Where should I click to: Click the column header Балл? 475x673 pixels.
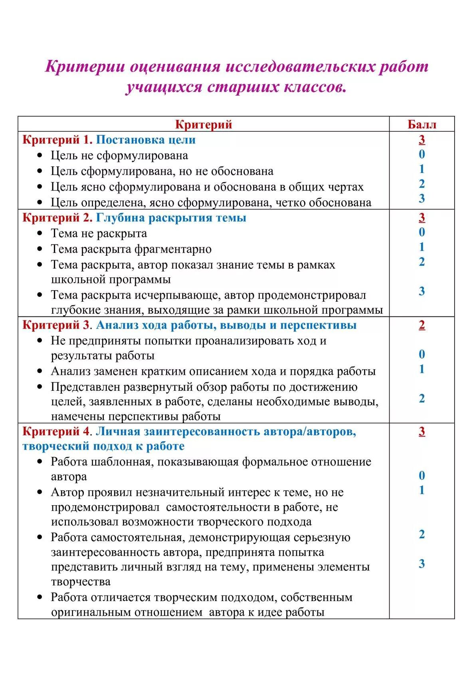(x=422, y=124)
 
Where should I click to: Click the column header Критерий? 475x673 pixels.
(x=204, y=124)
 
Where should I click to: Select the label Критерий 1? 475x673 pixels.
(x=57, y=140)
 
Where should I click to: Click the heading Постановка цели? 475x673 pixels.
(x=146, y=140)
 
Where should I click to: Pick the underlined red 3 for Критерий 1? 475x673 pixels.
(x=422, y=139)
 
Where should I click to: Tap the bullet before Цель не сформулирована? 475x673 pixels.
(x=40, y=155)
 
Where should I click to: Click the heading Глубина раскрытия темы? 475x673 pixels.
(x=171, y=218)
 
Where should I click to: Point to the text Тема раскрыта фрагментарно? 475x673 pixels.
(x=131, y=249)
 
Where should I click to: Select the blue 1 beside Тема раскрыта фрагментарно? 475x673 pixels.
(x=422, y=247)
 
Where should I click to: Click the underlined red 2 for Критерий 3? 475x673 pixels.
(x=422, y=325)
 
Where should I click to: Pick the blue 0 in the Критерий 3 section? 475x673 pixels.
(x=422, y=354)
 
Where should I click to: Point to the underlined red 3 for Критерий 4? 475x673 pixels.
(x=422, y=431)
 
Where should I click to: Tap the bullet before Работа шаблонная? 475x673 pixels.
(x=40, y=462)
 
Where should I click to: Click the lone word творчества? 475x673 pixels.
(x=80, y=582)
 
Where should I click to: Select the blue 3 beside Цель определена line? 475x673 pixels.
(x=422, y=198)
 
